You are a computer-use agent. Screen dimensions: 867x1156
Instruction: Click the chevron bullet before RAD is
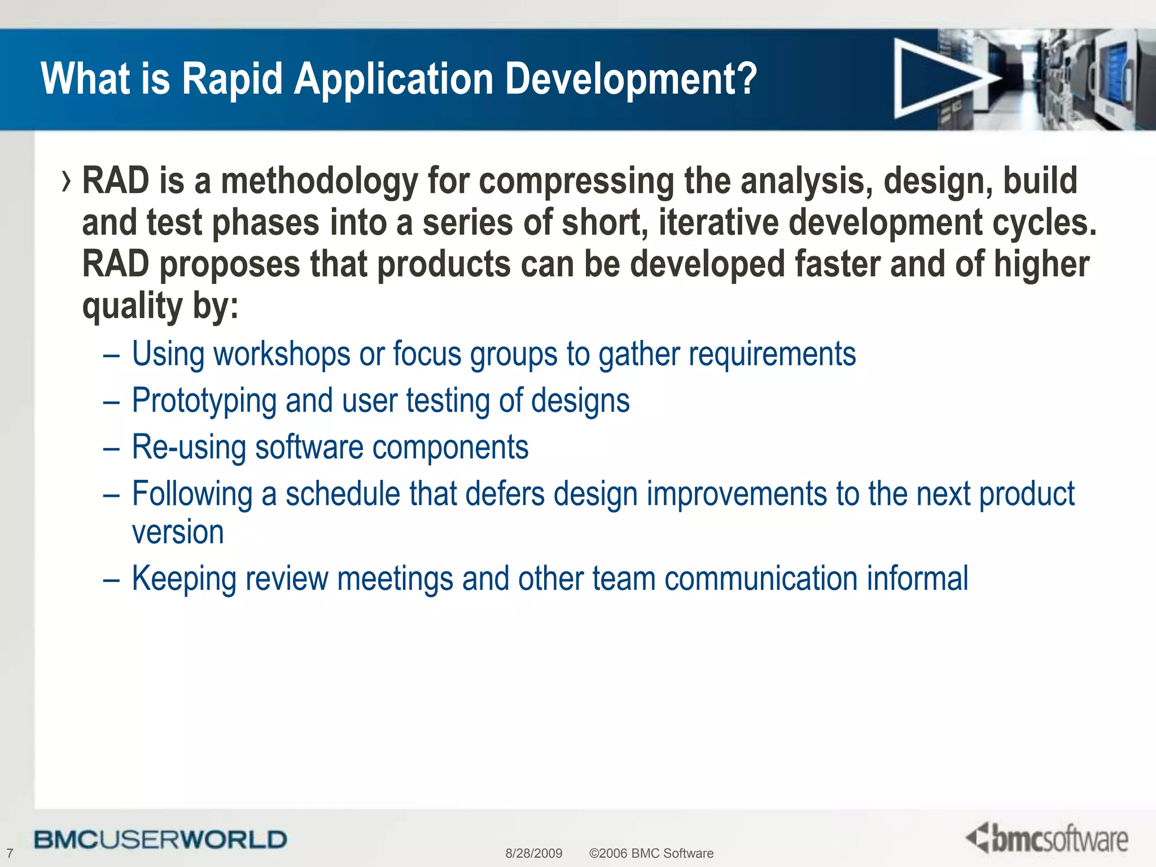click(x=67, y=182)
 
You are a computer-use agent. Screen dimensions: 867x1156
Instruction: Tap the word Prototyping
click(x=204, y=401)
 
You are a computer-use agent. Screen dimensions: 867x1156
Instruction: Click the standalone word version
click(x=178, y=532)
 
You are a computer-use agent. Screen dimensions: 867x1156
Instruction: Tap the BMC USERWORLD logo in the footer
click(x=160, y=839)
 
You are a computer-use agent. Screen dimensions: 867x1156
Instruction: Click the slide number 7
click(x=10, y=853)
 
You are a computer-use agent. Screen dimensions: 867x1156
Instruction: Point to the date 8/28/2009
click(x=533, y=853)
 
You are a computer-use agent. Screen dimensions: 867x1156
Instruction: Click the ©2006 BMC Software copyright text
click(x=651, y=853)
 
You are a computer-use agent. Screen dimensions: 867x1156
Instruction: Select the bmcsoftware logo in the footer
click(x=1047, y=838)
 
